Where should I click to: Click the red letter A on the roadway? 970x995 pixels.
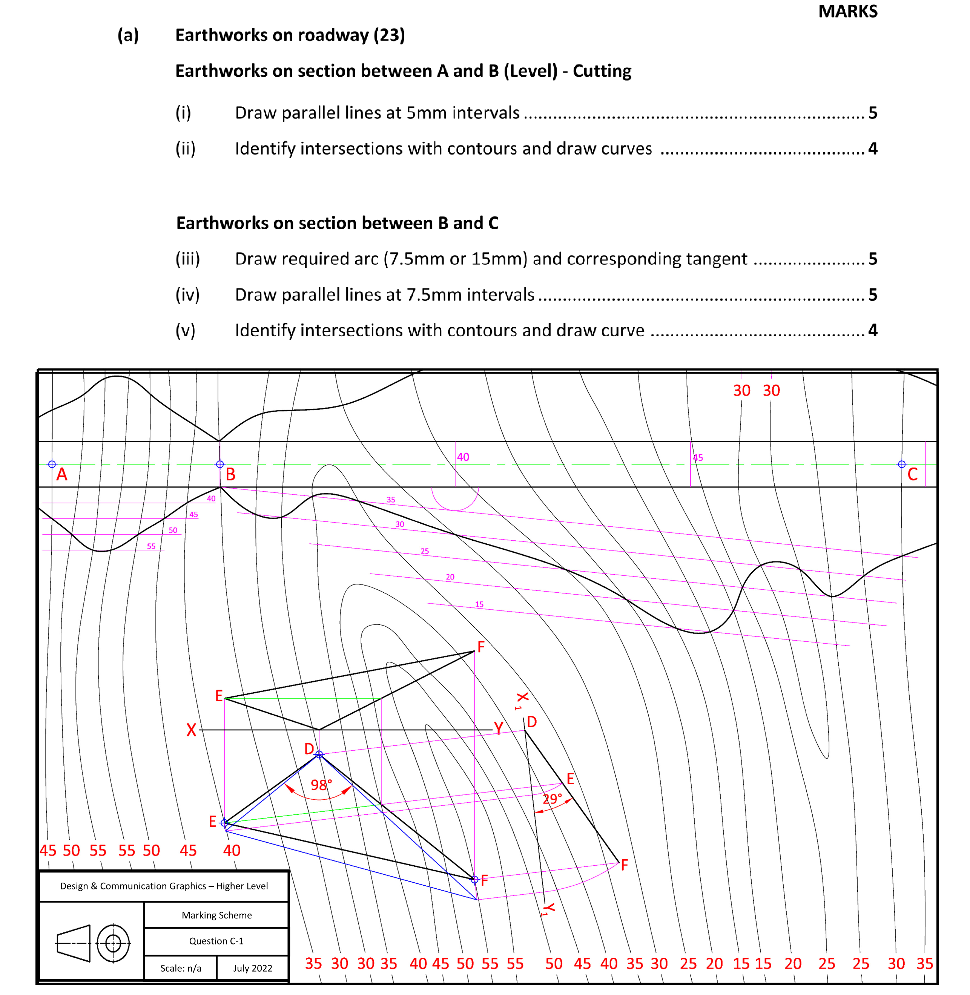[61, 475]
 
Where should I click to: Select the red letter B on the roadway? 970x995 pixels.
[231, 475]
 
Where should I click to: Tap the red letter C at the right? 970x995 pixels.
[912, 475]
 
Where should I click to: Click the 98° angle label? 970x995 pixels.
[321, 785]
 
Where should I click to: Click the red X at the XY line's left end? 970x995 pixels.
[191, 730]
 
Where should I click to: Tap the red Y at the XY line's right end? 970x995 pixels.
[499, 728]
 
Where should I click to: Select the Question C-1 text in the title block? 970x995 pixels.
[216, 941]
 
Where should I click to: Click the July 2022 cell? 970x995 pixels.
[253, 968]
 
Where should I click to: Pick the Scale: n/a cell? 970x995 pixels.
[181, 968]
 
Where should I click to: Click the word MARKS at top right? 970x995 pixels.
[848, 11]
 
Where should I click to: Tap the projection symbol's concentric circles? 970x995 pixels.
[113, 944]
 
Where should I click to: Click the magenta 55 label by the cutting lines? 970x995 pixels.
[151, 546]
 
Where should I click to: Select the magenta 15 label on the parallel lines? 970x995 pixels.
[479, 604]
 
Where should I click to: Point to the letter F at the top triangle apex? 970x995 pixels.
[481, 647]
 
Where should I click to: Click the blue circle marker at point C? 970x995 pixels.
[902, 465]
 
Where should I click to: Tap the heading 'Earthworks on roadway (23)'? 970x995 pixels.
[290, 35]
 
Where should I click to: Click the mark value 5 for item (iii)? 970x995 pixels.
[873, 259]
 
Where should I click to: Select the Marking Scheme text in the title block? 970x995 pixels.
[216, 915]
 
